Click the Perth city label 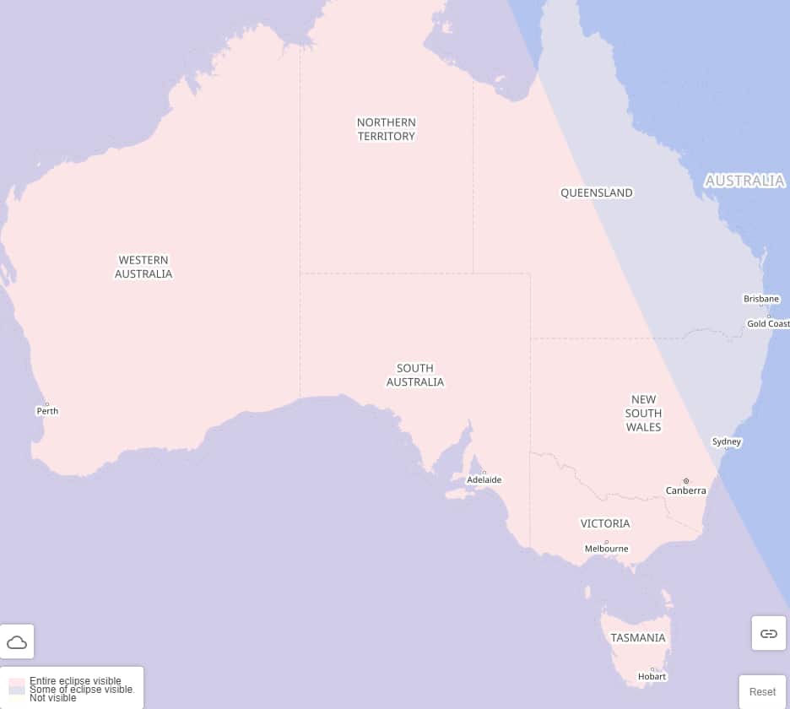click(x=47, y=411)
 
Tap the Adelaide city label click(x=484, y=479)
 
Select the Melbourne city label click(x=606, y=549)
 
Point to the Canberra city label click(x=685, y=490)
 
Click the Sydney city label click(x=726, y=441)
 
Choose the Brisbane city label click(x=761, y=299)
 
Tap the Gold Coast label click(x=768, y=324)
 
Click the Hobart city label click(x=652, y=676)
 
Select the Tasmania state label click(x=638, y=638)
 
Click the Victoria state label click(x=605, y=523)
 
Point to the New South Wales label click(x=643, y=413)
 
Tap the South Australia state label click(x=415, y=375)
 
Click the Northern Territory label click(x=387, y=129)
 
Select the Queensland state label click(x=596, y=192)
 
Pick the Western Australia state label click(x=143, y=267)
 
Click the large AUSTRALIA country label click(x=744, y=181)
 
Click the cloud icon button click(x=17, y=642)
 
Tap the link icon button click(x=768, y=633)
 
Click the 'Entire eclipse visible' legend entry click(x=74, y=680)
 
